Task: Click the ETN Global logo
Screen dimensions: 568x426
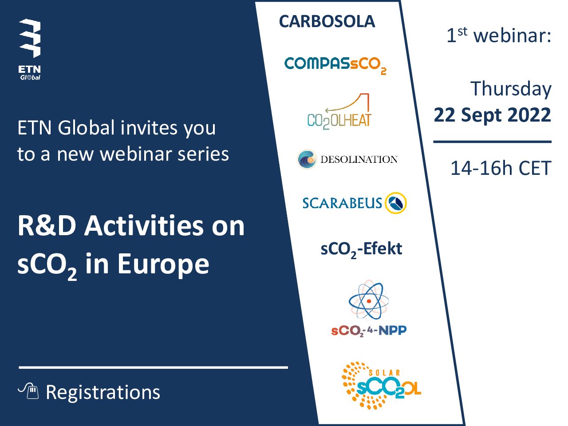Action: pyautogui.click(x=30, y=50)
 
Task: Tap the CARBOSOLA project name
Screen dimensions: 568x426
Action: pyautogui.click(x=327, y=21)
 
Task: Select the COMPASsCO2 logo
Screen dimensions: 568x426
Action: pyautogui.click(x=335, y=65)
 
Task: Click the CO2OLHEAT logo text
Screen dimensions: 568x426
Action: pyautogui.click(x=339, y=121)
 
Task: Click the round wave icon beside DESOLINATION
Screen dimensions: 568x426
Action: pyautogui.click(x=307, y=159)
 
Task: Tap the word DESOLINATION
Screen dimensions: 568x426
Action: pyautogui.click(x=359, y=159)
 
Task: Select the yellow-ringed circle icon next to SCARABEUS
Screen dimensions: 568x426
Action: pyautogui.click(x=396, y=203)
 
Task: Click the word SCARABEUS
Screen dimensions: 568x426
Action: pyautogui.click(x=342, y=203)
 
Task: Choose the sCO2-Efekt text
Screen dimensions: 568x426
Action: pyautogui.click(x=361, y=249)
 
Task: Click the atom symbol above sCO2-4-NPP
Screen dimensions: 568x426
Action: pyautogui.click(x=369, y=300)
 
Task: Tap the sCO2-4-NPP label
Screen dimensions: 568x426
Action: pyautogui.click(x=369, y=331)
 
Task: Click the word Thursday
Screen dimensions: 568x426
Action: pyautogui.click(x=511, y=89)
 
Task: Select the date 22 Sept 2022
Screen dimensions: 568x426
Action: pyautogui.click(x=493, y=115)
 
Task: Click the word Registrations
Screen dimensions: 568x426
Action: pyautogui.click(x=103, y=393)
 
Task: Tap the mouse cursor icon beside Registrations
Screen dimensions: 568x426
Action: pyautogui.click(x=28, y=390)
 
